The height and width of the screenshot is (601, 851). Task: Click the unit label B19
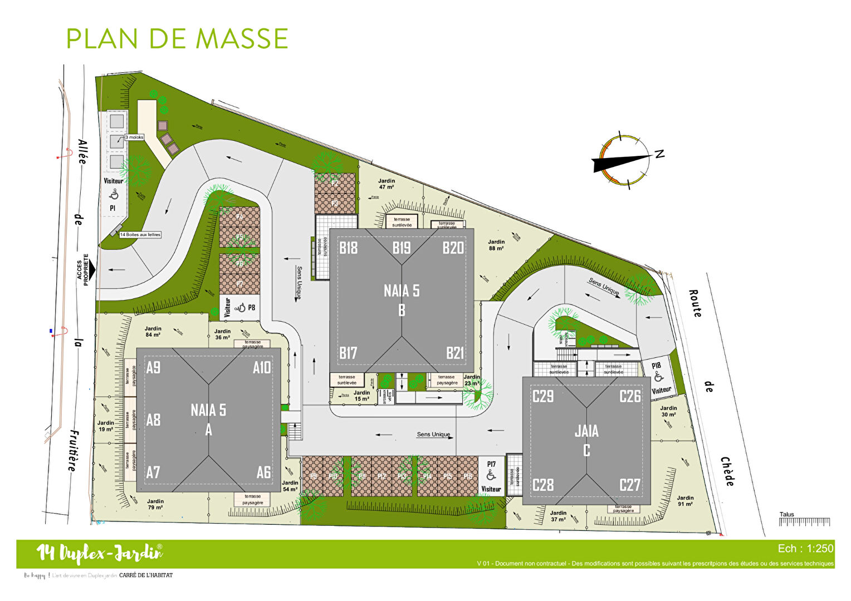click(x=402, y=248)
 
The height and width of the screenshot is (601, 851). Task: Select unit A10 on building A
click(x=262, y=368)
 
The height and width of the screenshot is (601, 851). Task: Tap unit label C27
click(x=630, y=485)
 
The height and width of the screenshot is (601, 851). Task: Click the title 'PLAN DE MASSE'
click(x=177, y=38)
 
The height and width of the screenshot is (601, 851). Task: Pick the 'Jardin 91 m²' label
click(x=685, y=501)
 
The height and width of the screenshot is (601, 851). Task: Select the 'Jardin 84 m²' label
click(x=153, y=332)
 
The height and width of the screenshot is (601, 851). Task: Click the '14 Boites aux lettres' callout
click(x=140, y=235)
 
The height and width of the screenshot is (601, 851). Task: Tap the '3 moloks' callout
click(x=134, y=137)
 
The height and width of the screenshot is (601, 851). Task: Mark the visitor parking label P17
click(x=491, y=464)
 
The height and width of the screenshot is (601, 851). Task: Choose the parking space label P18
click(x=656, y=366)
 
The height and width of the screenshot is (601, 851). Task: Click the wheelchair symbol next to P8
click(x=241, y=308)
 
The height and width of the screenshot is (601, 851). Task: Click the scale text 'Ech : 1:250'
click(x=805, y=549)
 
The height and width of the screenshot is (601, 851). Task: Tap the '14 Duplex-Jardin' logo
click(x=100, y=553)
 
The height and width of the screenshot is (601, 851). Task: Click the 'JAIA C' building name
click(x=586, y=440)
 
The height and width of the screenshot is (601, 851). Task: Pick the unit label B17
click(x=348, y=353)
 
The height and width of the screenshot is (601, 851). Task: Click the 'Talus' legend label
click(x=786, y=514)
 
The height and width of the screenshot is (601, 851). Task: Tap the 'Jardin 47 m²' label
click(x=387, y=184)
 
